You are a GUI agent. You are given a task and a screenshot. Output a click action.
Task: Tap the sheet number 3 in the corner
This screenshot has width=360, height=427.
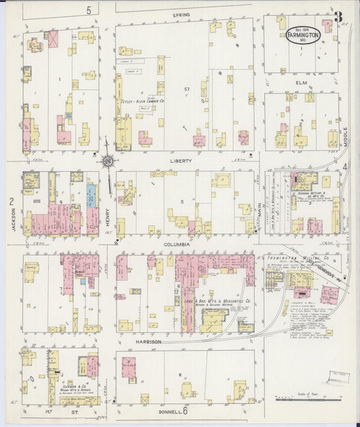(337, 15)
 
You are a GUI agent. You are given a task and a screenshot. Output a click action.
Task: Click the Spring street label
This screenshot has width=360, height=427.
(180, 14)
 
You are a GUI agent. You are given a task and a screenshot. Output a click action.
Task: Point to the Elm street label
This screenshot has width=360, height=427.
(301, 84)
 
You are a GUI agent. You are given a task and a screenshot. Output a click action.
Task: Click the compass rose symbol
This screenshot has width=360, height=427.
(107, 161)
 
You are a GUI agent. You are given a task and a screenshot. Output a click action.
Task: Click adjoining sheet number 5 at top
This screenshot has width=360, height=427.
(88, 9)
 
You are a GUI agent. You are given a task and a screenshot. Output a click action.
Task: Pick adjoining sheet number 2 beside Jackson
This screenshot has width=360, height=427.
(11, 201)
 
